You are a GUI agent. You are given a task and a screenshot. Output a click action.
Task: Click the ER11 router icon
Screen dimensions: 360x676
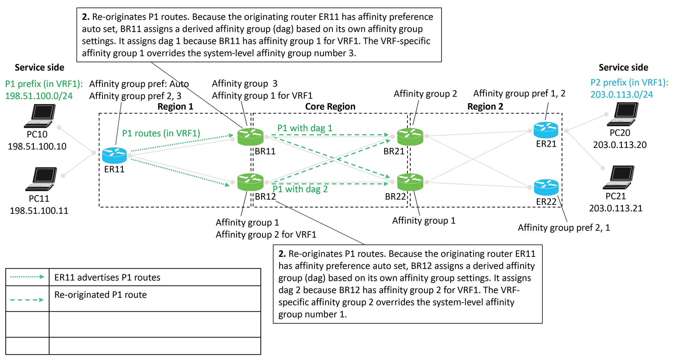click(114, 155)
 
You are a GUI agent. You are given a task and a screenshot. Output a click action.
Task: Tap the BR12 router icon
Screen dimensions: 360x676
click(250, 182)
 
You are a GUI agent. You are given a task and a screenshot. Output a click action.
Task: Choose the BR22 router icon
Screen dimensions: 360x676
click(410, 182)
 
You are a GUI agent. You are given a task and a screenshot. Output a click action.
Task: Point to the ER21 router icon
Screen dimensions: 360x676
click(546, 130)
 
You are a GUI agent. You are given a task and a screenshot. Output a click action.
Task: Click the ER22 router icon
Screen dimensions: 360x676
click(546, 187)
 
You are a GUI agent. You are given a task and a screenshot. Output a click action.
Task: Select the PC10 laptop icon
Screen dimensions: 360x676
click(40, 116)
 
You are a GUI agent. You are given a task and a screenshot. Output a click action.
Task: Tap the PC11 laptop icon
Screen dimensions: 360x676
click(41, 179)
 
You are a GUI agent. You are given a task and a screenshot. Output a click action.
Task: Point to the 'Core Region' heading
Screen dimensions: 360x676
click(330, 106)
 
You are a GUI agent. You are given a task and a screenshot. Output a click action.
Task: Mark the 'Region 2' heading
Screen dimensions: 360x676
click(485, 106)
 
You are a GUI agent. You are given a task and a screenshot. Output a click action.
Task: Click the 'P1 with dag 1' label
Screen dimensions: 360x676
click(305, 128)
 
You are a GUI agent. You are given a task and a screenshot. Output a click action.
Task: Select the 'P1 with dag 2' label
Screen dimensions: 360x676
click(300, 189)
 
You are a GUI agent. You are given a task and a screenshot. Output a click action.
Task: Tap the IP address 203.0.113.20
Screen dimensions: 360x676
click(619, 145)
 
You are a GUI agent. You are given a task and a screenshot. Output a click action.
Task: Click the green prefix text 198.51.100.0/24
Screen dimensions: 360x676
click(39, 96)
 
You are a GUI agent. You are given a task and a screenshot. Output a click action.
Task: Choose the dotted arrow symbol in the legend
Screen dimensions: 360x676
click(27, 277)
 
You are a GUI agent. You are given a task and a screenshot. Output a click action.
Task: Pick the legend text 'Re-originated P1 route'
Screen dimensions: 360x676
click(100, 295)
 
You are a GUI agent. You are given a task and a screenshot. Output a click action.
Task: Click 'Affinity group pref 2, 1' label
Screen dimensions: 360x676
click(564, 228)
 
